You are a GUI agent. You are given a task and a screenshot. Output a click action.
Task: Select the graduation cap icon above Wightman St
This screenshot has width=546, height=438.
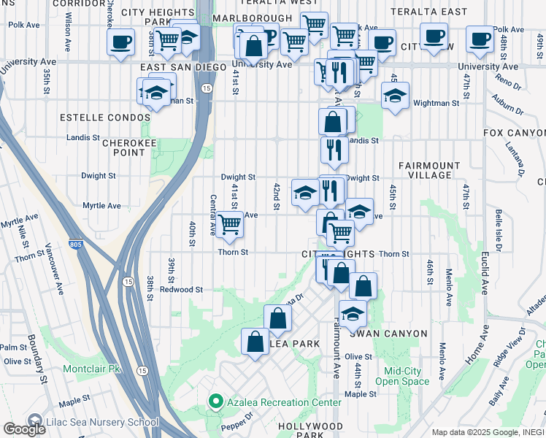(395, 96)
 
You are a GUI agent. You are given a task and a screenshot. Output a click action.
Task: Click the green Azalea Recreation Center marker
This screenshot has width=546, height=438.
(215, 402)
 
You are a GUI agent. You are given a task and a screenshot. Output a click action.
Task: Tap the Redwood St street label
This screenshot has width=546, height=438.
(180, 290)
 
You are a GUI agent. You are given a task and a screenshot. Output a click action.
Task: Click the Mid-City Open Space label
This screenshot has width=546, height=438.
(402, 376)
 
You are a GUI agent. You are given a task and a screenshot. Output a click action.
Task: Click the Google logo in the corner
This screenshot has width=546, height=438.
(24, 429)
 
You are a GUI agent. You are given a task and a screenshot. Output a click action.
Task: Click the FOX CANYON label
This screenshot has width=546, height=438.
(514, 133)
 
